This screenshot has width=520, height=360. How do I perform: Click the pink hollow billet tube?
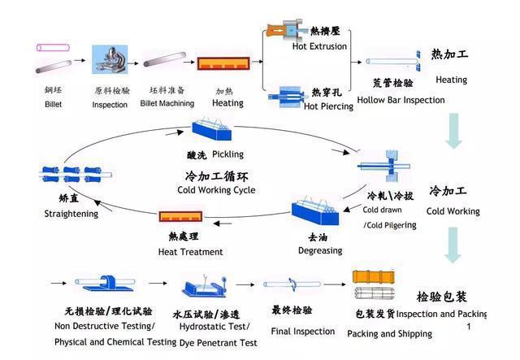[53, 48]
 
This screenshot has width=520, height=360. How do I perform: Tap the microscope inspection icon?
[110, 59]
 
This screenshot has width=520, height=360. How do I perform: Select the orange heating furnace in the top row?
[223, 63]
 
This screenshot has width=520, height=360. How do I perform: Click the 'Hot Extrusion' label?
[319, 46]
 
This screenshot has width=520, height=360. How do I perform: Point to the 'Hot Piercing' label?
[328, 106]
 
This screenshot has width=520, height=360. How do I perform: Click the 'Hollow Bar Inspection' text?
[401, 100]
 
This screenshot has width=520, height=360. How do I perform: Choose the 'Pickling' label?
[227, 154]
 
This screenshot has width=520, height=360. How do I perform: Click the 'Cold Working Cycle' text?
[216, 190]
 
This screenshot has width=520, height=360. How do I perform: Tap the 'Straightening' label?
[71, 214]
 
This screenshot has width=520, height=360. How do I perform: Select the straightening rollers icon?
[76, 174]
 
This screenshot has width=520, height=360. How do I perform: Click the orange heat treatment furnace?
[180, 217]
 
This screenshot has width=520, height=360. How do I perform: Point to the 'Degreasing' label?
[320, 250]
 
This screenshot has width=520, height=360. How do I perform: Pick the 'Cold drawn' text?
[382, 210]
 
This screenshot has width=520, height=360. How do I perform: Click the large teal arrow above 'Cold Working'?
[453, 131]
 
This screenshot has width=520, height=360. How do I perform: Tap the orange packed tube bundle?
[374, 277]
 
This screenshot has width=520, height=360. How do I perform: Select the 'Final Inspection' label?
[303, 331]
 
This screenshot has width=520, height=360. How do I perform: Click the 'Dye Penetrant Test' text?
[219, 343]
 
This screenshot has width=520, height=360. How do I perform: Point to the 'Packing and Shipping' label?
[390, 333]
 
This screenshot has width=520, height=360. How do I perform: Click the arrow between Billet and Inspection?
[80, 60]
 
